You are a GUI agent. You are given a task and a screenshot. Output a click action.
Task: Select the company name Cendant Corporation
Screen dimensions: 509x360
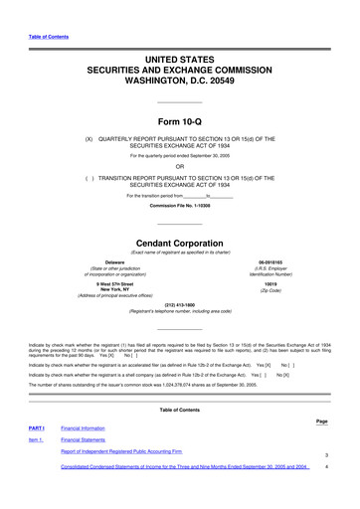point(180,242)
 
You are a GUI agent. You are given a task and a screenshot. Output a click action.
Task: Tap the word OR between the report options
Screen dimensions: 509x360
point(180,165)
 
